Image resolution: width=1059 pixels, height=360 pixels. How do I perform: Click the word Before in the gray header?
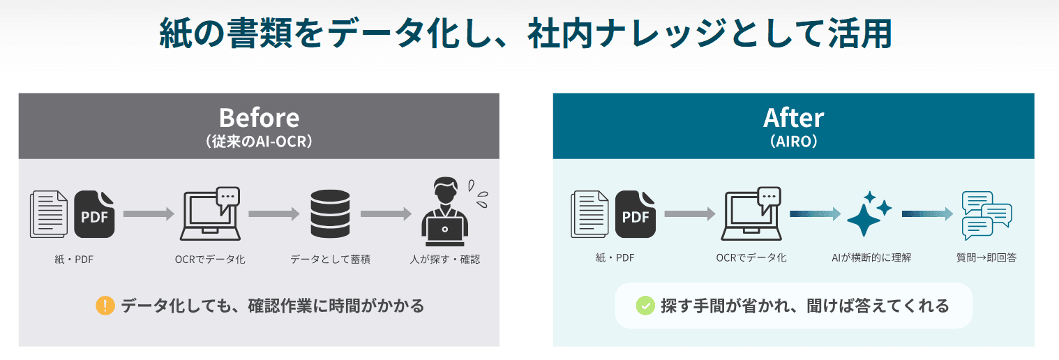(x=259, y=118)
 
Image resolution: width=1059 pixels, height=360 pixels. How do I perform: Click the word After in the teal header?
(x=794, y=118)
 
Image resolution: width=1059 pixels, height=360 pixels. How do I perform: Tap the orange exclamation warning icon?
(x=105, y=306)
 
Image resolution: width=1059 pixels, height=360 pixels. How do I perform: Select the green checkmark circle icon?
(x=645, y=306)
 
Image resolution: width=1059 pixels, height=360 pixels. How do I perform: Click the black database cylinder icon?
(x=330, y=213)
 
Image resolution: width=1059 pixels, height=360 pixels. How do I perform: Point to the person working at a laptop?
(x=445, y=211)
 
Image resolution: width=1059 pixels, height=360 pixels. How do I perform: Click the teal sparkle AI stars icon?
(x=869, y=213)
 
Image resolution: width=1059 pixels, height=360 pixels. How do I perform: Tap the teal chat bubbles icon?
(x=986, y=216)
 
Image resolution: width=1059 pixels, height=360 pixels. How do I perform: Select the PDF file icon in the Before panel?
(x=95, y=214)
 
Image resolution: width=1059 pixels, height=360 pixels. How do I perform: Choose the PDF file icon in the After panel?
(x=636, y=214)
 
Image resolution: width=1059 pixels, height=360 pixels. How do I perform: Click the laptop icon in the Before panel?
(x=210, y=213)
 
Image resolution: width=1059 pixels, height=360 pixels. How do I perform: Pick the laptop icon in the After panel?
(x=751, y=213)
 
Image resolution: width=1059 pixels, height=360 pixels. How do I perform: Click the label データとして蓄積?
(x=330, y=260)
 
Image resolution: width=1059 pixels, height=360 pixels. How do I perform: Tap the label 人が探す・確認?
(x=445, y=260)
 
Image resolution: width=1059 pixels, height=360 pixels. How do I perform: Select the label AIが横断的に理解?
(x=871, y=258)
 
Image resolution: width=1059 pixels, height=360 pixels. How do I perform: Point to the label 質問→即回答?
(x=986, y=258)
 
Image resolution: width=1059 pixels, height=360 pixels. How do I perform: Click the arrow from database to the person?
(x=386, y=213)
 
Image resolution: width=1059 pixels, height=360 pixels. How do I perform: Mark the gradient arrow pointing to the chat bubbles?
(x=927, y=213)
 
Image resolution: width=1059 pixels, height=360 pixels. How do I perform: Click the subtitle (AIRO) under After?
(x=794, y=142)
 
